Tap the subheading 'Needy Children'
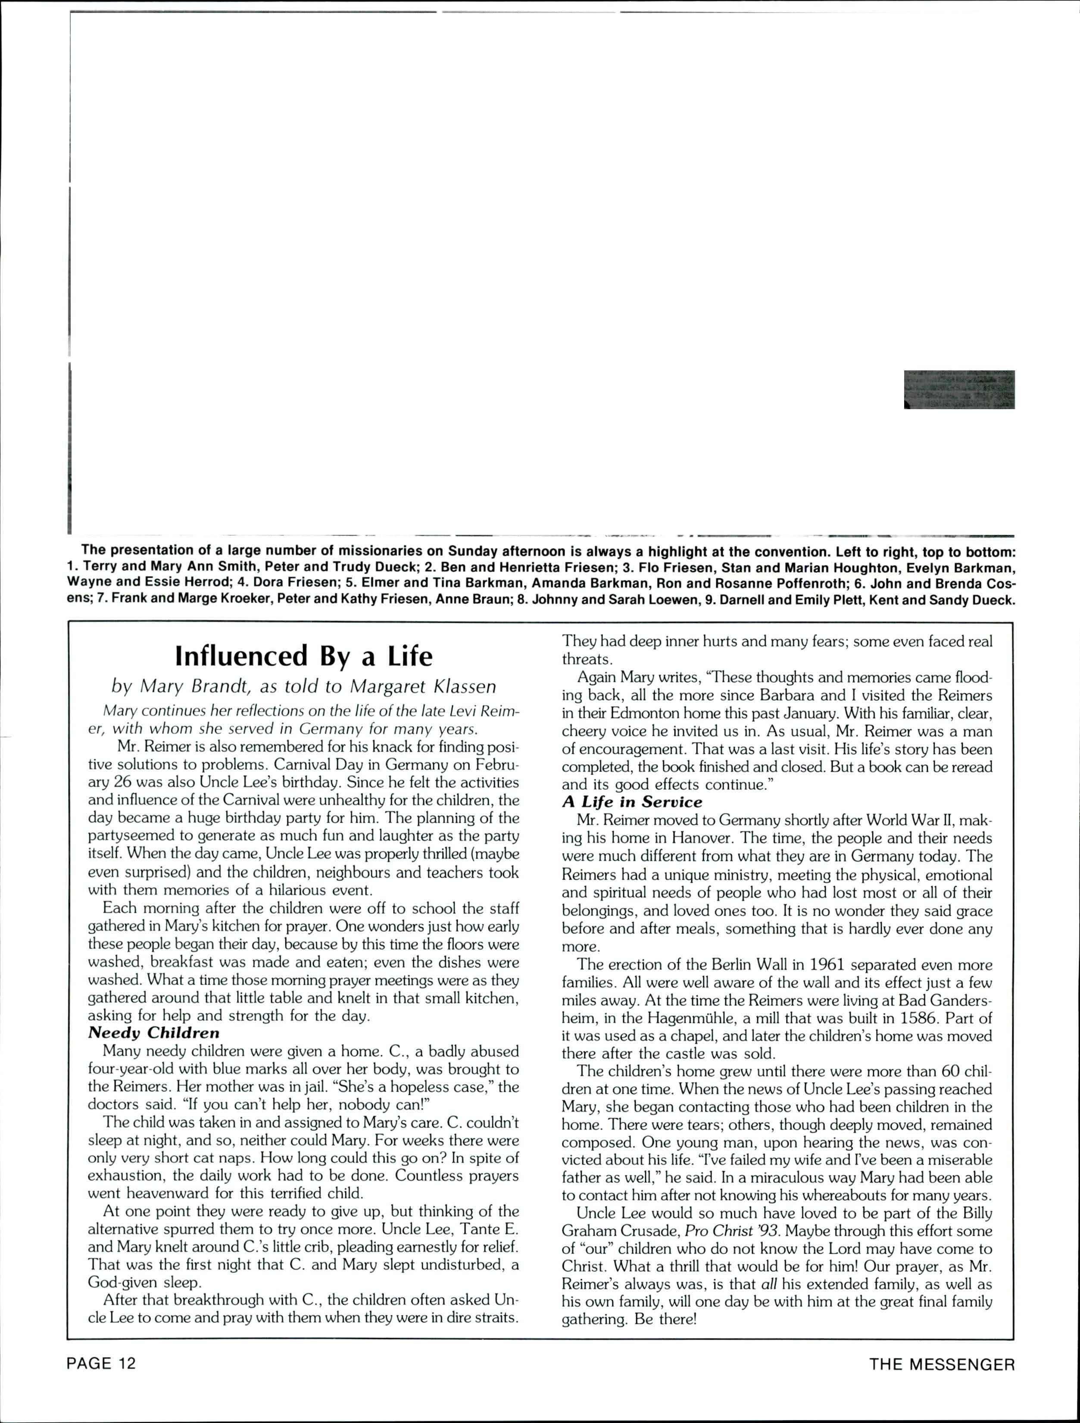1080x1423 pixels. [154, 1032]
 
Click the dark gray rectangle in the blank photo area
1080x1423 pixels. [959, 389]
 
